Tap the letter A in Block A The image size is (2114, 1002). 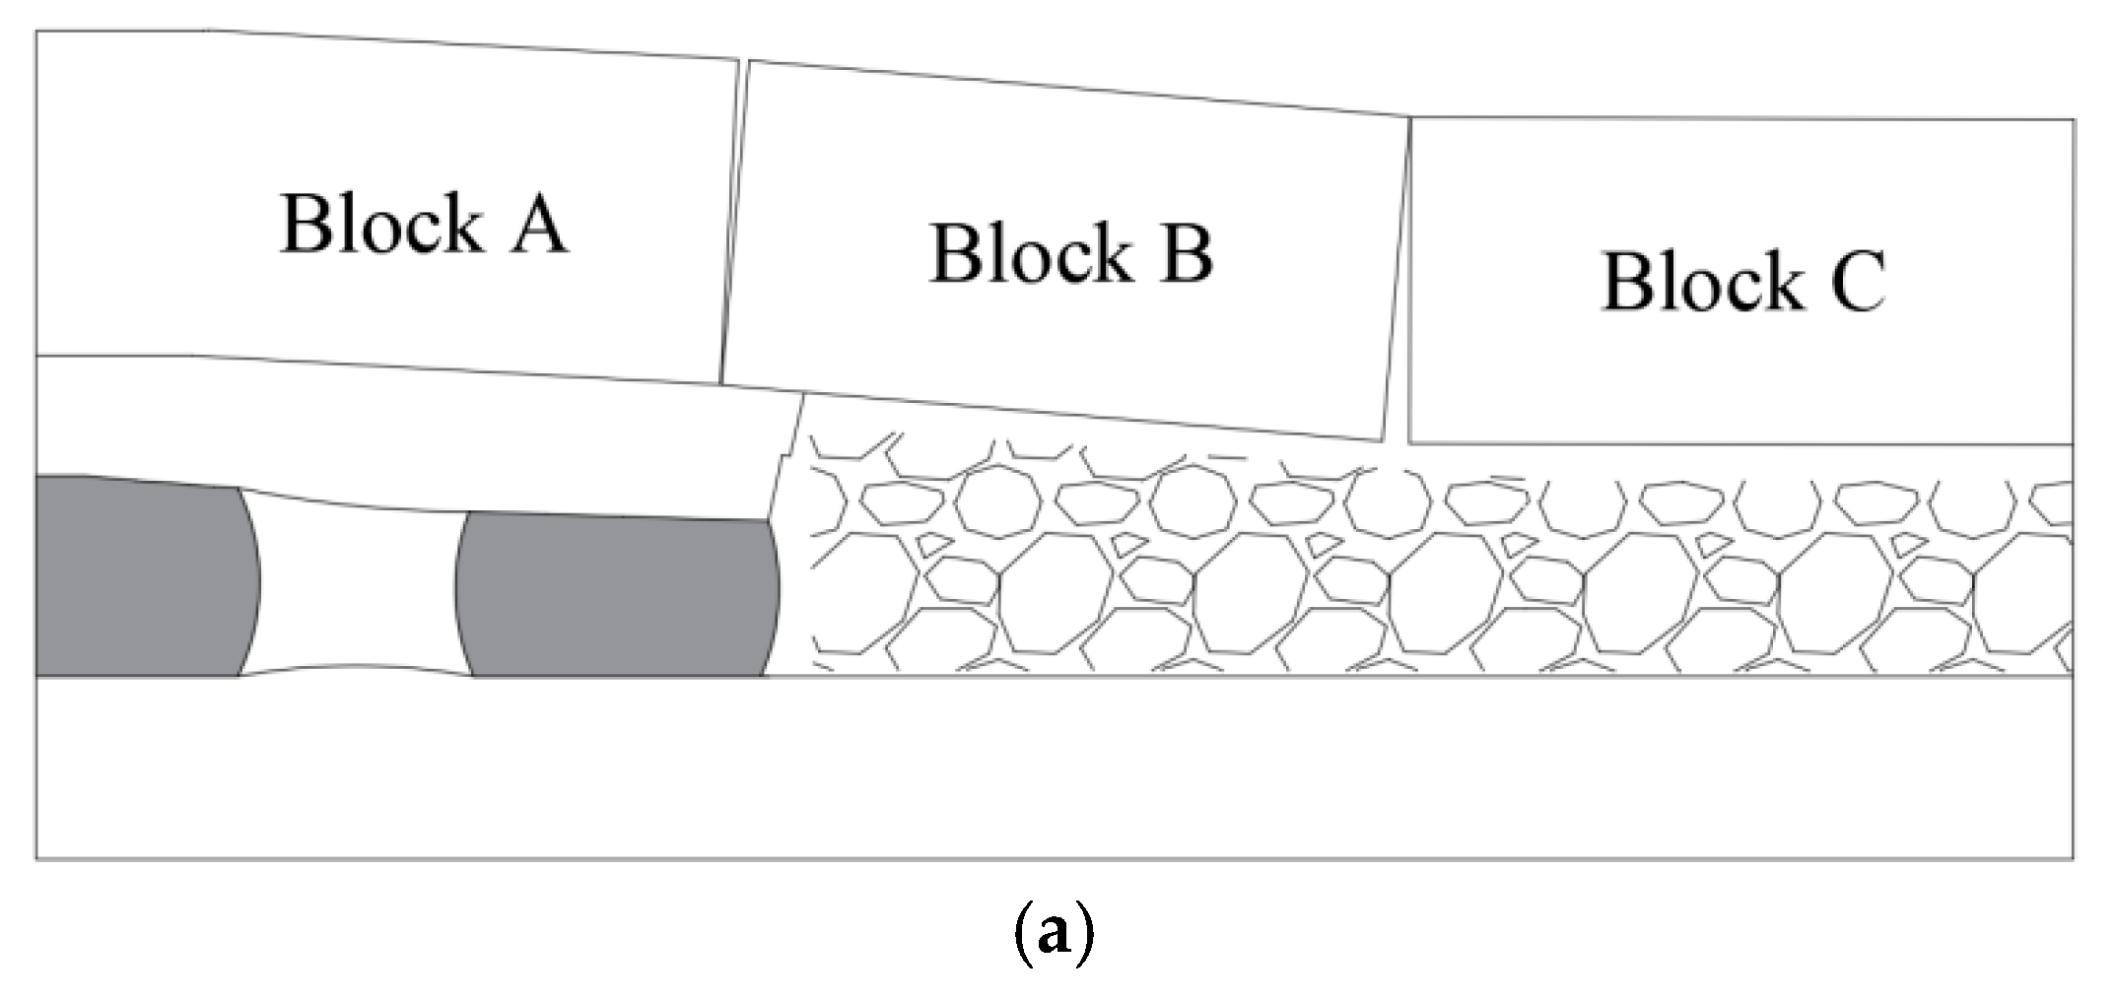pyautogui.click(x=538, y=226)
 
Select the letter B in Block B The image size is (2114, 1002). pyautogui.click(x=1186, y=254)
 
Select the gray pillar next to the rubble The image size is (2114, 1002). pyautogui.click(x=616, y=595)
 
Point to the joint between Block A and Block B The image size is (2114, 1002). pyautogui.click(x=731, y=222)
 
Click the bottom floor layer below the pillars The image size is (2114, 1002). pyautogui.click(x=1055, y=768)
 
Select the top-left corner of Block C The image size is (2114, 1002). pyautogui.click(x=1411, y=120)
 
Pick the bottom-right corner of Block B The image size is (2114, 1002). pyautogui.click(x=1383, y=439)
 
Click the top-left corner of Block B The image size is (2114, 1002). pyautogui.click(x=749, y=62)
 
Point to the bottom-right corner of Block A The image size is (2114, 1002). pyautogui.click(x=720, y=383)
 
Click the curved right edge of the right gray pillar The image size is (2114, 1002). pyautogui.click(x=778, y=591)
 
